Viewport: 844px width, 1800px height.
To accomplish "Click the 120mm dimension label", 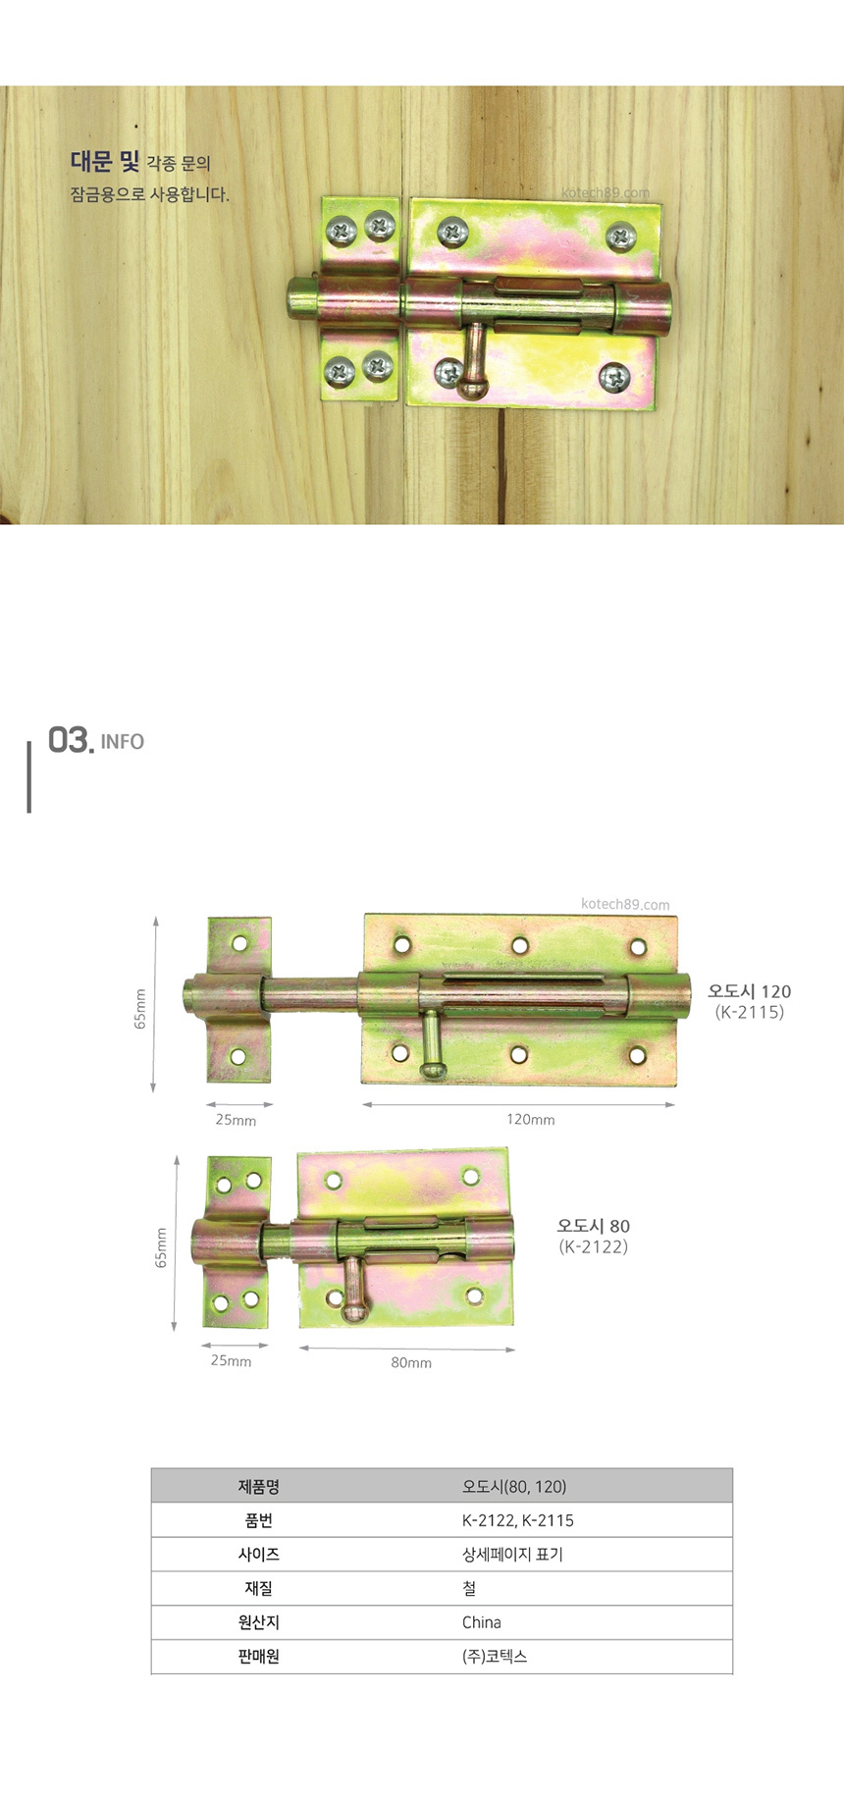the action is coord(530,1120).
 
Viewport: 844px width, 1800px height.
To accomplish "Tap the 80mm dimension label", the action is coord(411,1363).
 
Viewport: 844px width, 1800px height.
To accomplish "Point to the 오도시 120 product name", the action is coord(749,991).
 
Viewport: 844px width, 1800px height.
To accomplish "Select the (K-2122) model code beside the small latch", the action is coord(594,1247).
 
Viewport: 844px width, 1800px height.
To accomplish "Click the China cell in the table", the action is coord(482,1622).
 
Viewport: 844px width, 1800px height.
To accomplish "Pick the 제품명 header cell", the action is coord(259,1487).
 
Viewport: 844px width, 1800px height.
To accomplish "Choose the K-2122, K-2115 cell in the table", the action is coord(518,1520).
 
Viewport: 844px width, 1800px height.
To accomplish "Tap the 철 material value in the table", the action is coord(469,1588).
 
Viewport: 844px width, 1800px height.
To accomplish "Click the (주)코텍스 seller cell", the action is coord(495,1657).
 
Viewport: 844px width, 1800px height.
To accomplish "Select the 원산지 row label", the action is coord(259,1622).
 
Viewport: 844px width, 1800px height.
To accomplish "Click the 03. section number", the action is coord(71,740).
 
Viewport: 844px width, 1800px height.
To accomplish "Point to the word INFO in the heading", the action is coord(123,742).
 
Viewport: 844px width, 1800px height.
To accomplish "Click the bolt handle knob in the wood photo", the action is coord(471,386).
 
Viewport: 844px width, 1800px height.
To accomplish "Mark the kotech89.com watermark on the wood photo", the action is coord(607,193).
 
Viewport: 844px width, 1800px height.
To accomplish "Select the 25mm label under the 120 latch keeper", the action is coord(236,1120).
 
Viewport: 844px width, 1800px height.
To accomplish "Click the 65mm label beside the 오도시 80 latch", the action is coord(162,1247).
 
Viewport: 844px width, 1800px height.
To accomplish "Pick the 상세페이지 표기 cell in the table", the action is coord(512,1555).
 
